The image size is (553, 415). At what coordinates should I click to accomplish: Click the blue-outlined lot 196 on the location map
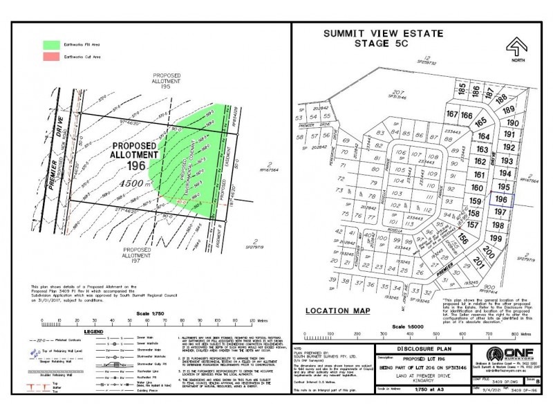coord(502,200)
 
